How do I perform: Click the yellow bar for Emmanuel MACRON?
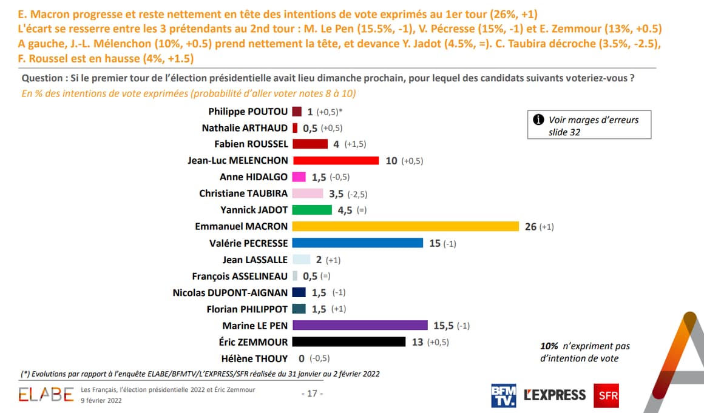point(405,226)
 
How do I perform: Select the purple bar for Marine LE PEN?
point(360,326)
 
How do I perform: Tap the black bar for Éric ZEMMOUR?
point(348,342)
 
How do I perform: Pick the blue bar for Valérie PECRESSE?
point(357,243)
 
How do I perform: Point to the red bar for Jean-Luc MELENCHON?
point(336,161)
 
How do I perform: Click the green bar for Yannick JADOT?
point(312,210)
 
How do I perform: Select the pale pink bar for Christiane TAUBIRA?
point(308,193)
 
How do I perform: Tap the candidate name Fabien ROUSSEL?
point(251,144)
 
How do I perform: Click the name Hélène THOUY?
point(255,358)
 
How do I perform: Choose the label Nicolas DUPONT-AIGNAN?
point(231,292)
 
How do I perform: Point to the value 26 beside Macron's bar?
point(530,227)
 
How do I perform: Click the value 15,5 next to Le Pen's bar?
point(442,326)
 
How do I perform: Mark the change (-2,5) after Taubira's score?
point(356,194)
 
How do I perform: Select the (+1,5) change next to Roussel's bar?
point(355,144)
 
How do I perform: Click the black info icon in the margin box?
point(538,119)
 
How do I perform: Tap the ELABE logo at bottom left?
point(46,395)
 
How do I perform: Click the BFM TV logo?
point(503,395)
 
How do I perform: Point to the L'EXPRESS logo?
point(555,395)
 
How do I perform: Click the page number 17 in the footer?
point(313,394)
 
